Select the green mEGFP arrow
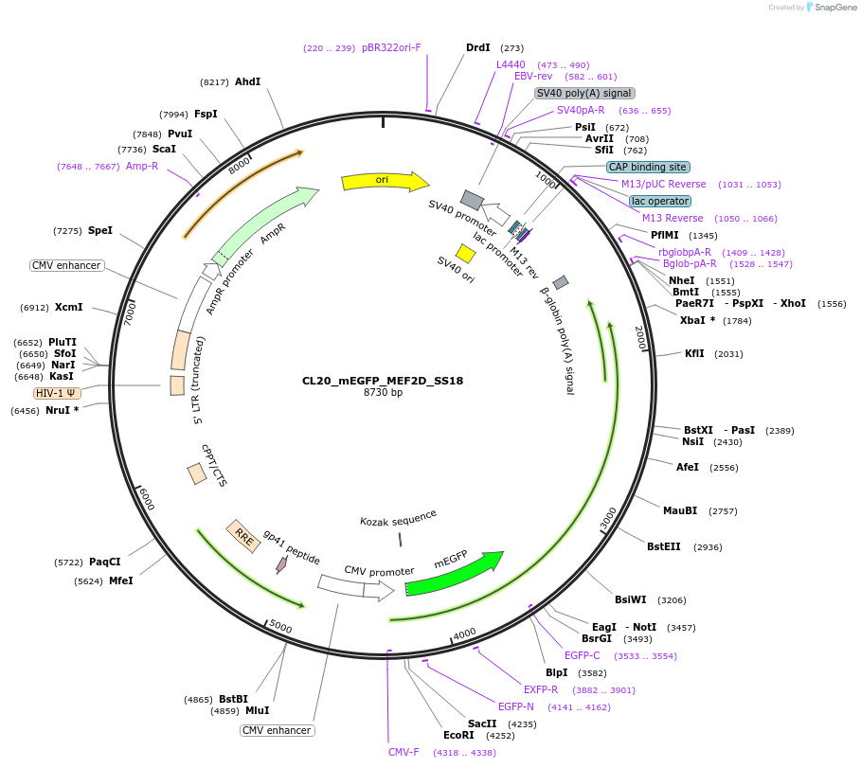point(455,573)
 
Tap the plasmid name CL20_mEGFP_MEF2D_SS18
point(383,381)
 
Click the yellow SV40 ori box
point(465,253)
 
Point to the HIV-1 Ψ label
point(58,393)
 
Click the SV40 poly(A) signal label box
point(584,93)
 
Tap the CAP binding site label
point(647,167)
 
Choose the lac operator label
point(660,201)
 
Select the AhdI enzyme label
point(247,82)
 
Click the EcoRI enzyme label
point(458,735)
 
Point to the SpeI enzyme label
point(99,230)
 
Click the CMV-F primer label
point(404,752)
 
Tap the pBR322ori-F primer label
point(391,47)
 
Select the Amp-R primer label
point(142,166)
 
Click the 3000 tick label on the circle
point(608,518)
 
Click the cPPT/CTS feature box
point(197,473)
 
